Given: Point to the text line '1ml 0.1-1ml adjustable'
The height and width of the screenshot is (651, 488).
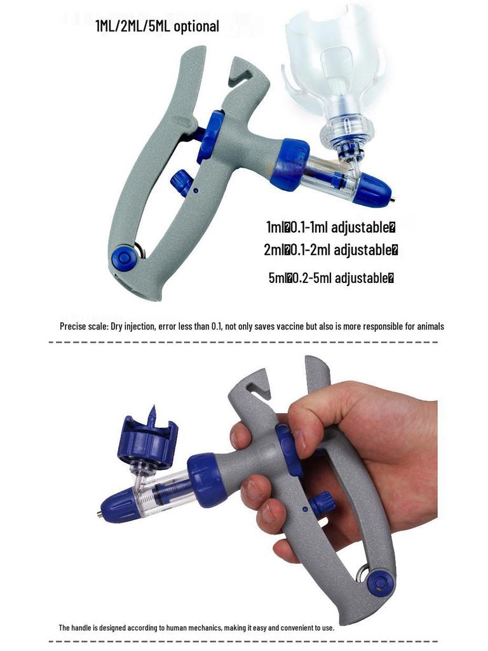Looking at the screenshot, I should [331, 227].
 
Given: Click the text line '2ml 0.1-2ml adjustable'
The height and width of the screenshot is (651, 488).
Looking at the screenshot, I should [331, 250].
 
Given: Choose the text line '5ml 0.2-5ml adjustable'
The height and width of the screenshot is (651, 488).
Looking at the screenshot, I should [331, 278].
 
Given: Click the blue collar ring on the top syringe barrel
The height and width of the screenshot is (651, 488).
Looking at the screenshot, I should [290, 165].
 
